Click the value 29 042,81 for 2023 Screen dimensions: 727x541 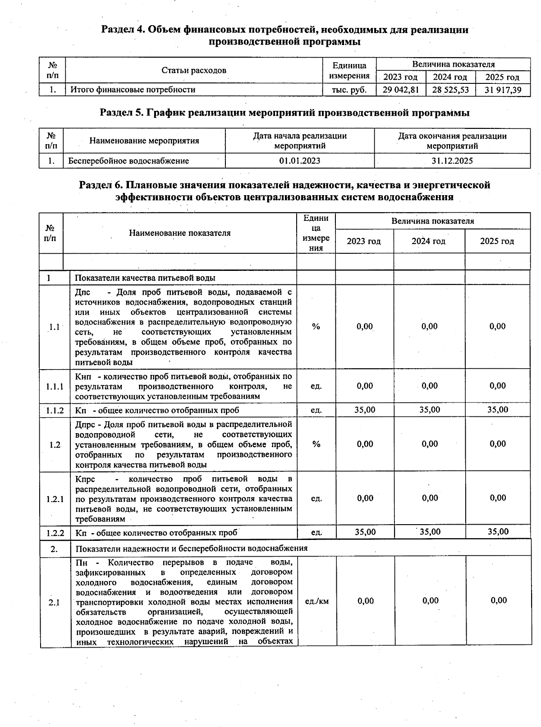(x=400, y=90)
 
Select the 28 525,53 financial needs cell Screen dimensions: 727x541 (x=450, y=90)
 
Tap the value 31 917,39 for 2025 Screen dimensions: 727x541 (x=503, y=90)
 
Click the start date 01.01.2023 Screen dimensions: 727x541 (x=300, y=161)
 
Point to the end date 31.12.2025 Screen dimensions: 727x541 (x=452, y=161)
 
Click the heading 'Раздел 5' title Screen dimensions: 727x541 (x=284, y=113)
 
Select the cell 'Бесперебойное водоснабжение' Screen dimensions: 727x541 (x=128, y=161)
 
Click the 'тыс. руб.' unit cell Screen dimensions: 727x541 (x=349, y=90)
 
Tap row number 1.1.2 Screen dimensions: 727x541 (x=55, y=410)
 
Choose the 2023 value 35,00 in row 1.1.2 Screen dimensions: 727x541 (x=365, y=410)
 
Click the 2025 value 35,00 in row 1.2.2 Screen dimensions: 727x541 (x=498, y=532)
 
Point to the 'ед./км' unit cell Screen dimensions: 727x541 (x=317, y=601)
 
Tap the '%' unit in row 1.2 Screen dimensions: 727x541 (x=316, y=444)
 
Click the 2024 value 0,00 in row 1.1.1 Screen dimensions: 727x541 (x=430, y=386)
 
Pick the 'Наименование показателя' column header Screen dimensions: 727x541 (x=179, y=233)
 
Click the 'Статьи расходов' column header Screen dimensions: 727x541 (x=194, y=70)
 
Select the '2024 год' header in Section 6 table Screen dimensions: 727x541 (x=428, y=241)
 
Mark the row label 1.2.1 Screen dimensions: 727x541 (x=55, y=499)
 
